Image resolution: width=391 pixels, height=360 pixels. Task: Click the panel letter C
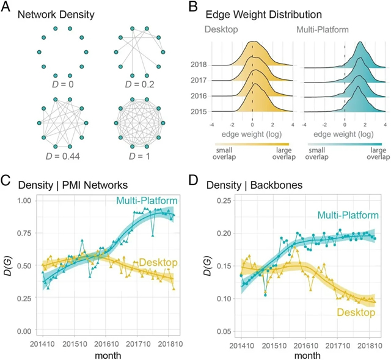click(7, 182)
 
